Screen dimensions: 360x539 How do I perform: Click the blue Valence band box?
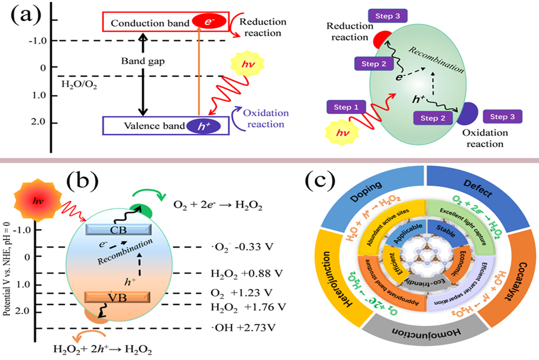pos(162,125)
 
